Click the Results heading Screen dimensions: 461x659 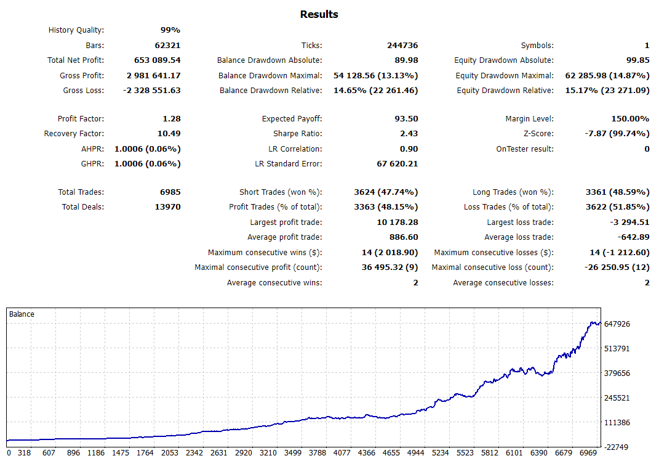pyautogui.click(x=319, y=14)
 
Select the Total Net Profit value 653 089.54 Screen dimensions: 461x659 pyautogui.click(x=157, y=60)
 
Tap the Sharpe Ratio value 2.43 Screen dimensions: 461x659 pyautogui.click(x=409, y=134)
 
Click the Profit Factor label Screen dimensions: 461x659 pyautogui.click(x=81, y=119)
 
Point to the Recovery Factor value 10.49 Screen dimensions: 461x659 pyautogui.click(x=168, y=134)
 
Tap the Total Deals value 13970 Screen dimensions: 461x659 pyautogui.click(x=167, y=207)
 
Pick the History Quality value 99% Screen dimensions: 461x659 pyautogui.click(x=170, y=30)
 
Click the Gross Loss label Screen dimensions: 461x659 pyautogui.click(x=83, y=91)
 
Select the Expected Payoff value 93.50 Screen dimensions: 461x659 pyautogui.click(x=406, y=119)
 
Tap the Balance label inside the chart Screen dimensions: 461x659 pyautogui.click(x=22, y=314)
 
